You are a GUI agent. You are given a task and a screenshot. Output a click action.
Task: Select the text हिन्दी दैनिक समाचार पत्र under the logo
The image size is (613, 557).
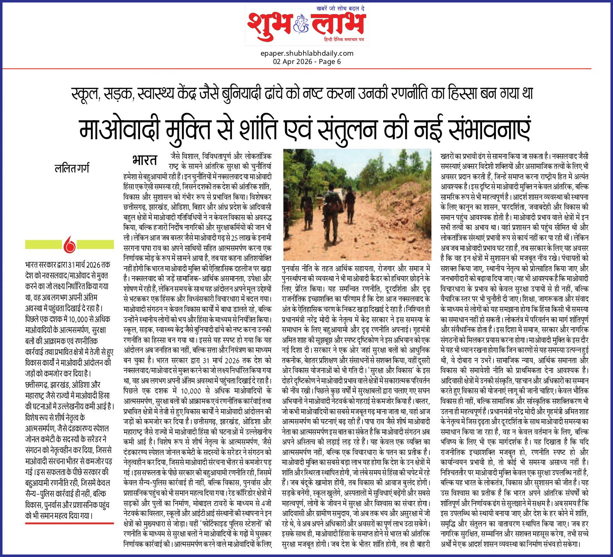344,39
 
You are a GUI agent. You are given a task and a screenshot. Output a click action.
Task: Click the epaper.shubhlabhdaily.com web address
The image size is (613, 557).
307,53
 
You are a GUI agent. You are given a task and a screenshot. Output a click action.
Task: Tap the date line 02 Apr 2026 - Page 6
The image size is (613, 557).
307,62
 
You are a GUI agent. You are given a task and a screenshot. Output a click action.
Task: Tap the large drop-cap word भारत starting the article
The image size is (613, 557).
145,160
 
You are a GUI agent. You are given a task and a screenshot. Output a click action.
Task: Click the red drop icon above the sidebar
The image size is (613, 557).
69,245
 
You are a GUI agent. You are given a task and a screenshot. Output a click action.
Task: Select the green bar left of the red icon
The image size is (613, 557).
43,244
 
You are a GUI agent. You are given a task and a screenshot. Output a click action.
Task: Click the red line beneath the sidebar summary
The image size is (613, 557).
69,523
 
